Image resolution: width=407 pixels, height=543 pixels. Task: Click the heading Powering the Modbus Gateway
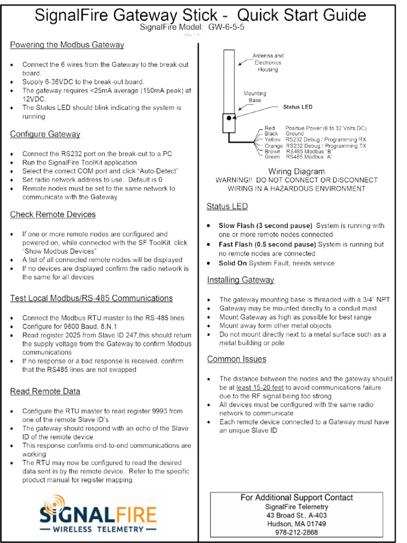click(x=67, y=45)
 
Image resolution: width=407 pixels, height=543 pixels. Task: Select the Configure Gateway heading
click(x=45, y=134)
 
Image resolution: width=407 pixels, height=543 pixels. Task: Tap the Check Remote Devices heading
click(x=53, y=214)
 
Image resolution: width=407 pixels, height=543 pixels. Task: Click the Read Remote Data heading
click(x=45, y=391)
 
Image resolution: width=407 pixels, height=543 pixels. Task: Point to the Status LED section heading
click(x=227, y=206)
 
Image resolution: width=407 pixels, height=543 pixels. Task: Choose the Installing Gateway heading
click(x=241, y=279)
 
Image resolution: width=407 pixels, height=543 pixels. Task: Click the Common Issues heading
click(x=236, y=359)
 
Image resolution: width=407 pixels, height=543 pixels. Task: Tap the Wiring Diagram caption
click(x=296, y=171)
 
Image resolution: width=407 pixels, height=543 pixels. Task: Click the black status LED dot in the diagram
click(x=229, y=118)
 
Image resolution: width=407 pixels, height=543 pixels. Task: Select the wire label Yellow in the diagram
click(x=273, y=139)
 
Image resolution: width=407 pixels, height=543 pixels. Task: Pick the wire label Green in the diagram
click(x=272, y=157)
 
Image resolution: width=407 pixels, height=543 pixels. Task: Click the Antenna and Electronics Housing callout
click(x=268, y=63)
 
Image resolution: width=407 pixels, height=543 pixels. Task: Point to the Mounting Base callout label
click(x=255, y=97)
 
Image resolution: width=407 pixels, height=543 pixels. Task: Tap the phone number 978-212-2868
click(x=296, y=532)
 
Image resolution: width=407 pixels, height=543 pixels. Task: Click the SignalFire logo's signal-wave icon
click(x=54, y=503)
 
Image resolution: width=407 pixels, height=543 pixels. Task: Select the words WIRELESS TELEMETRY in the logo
click(x=98, y=529)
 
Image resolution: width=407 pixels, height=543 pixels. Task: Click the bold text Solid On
click(x=233, y=263)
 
